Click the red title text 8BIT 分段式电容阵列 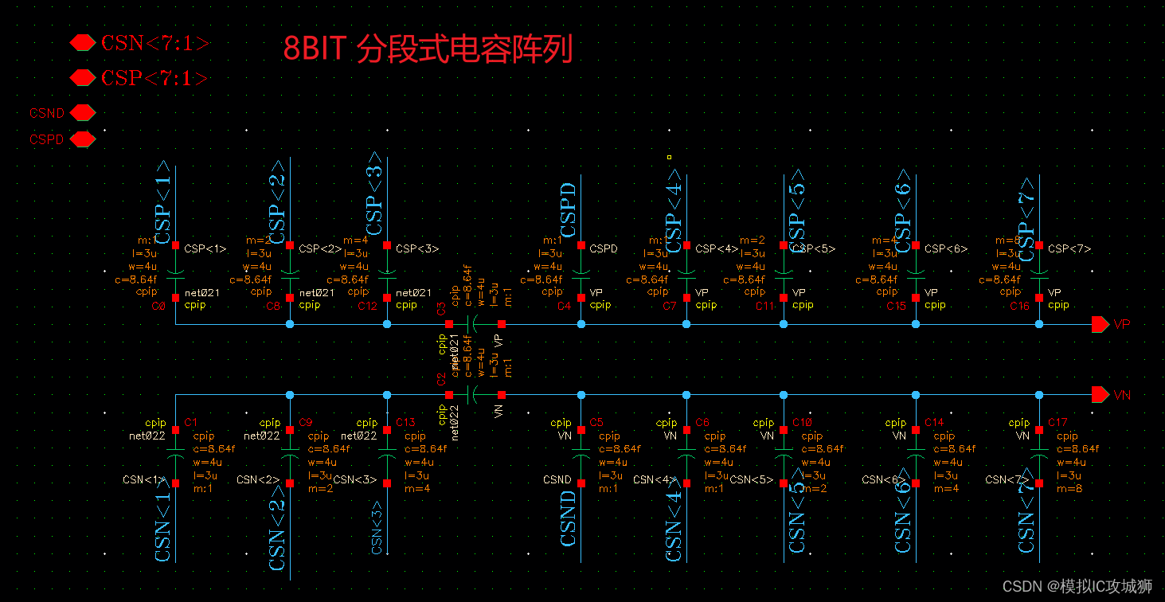point(428,49)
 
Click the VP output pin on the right point(1100,324)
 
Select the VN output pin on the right point(1100,395)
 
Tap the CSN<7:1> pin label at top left point(154,43)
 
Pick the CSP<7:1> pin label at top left point(154,78)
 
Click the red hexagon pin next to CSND point(82,113)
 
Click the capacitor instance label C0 point(158,306)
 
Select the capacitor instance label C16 point(1020,306)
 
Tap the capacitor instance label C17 point(1057,422)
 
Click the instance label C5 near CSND point(596,422)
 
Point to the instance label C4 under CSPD point(564,306)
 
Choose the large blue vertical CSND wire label point(569,518)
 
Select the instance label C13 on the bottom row point(405,422)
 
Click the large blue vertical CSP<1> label point(163,202)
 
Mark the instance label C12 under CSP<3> point(367,306)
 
